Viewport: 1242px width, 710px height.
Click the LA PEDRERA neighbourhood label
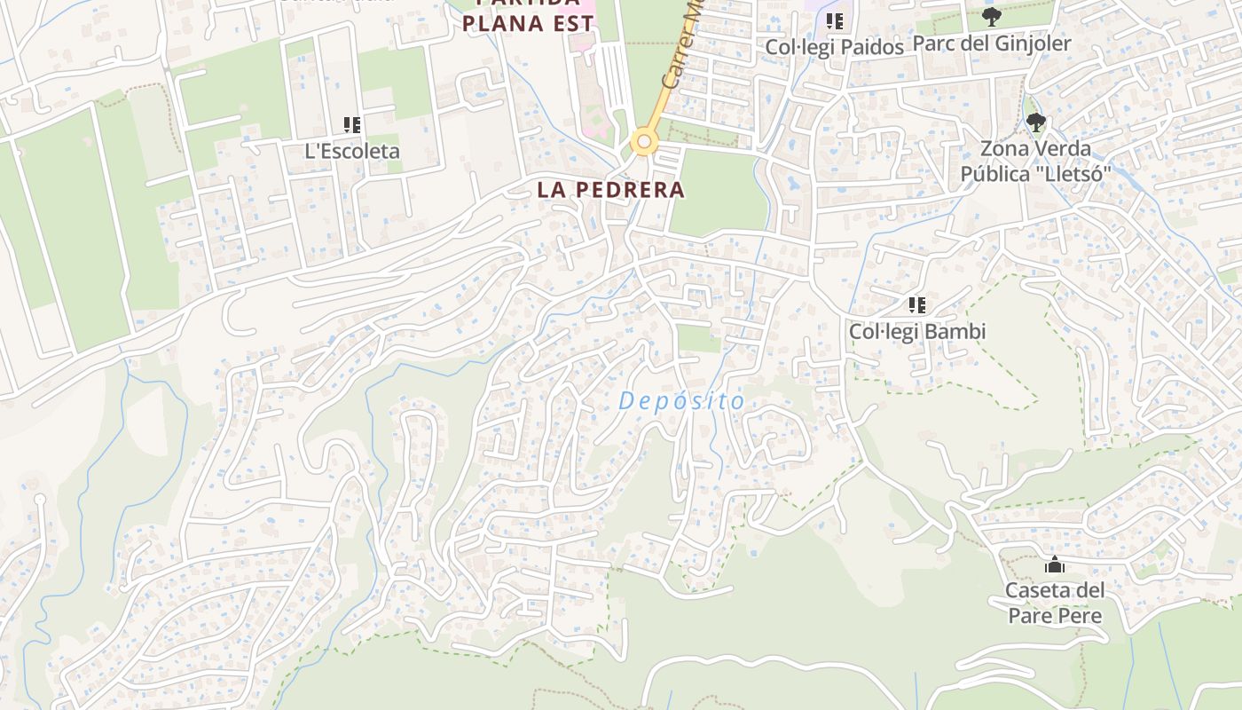[610, 189]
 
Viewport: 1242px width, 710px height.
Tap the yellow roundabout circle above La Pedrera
[643, 142]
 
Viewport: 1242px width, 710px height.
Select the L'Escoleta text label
[352, 151]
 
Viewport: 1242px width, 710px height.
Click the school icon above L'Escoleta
[352, 125]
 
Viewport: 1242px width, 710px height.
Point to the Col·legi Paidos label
[835, 47]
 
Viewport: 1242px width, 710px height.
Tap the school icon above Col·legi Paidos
[834, 20]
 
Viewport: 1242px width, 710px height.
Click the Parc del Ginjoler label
[992, 43]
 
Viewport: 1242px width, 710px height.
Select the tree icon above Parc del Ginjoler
[992, 16]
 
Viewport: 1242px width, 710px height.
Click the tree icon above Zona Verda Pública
[1035, 122]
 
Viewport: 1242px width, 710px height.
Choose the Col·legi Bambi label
[917, 332]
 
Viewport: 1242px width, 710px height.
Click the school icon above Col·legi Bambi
[917, 305]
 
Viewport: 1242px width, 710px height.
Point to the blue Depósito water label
[681, 401]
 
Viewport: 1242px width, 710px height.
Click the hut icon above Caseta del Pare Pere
[1055, 564]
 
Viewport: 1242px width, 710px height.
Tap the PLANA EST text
[527, 23]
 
